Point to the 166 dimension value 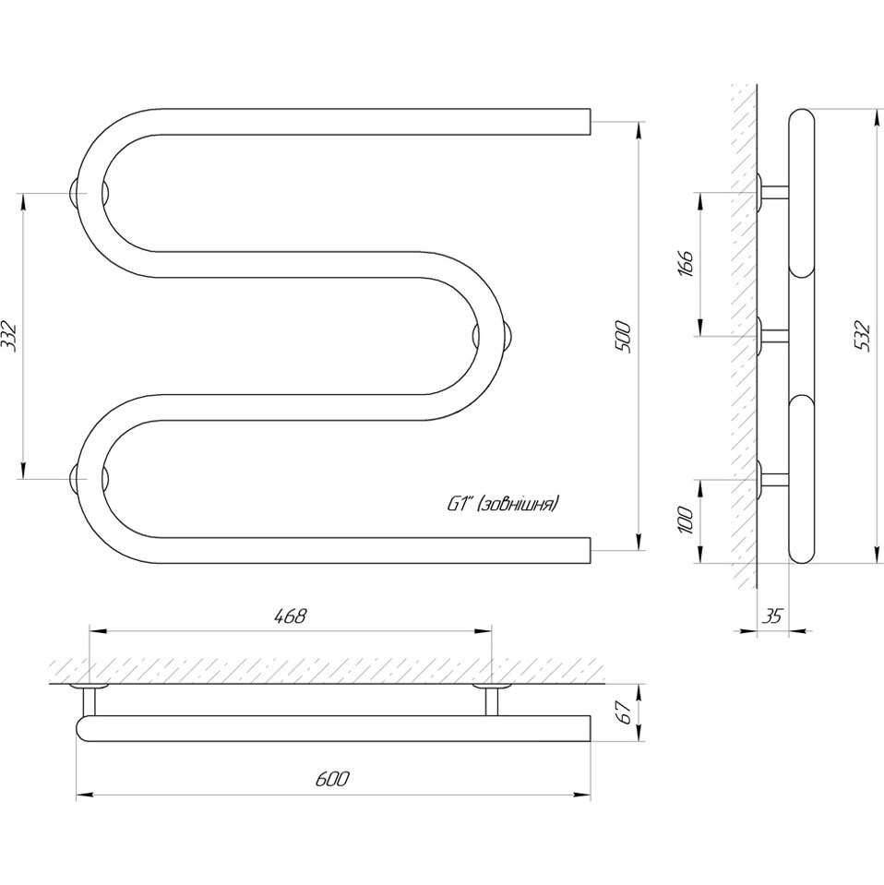[686, 264]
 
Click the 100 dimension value [686, 521]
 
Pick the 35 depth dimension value [771, 616]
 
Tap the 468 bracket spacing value [290, 616]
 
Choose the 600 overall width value [332, 780]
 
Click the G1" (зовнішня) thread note [503, 504]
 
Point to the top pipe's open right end [589, 122]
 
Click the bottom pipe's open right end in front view [589, 550]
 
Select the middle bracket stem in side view [774, 337]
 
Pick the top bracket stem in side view [774, 192]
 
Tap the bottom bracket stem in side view [774, 479]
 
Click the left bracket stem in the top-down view [90, 701]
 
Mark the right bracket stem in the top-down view [492, 701]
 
